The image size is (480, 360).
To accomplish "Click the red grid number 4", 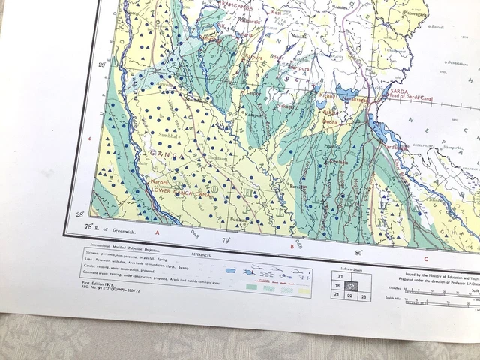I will click(x=90, y=139).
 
